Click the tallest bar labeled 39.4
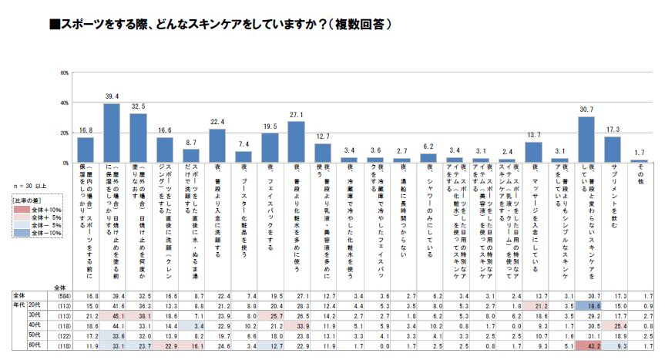(x=112, y=132)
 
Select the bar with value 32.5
(x=138, y=137)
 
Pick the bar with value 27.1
(x=297, y=141)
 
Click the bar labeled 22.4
(x=217, y=145)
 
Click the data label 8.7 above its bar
(x=191, y=143)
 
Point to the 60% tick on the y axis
(x=65, y=73)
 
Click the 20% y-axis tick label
(x=65, y=132)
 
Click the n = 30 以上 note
(x=31, y=185)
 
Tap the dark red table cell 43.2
(x=586, y=346)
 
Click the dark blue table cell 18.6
(x=586, y=305)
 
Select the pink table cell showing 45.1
(x=112, y=315)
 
